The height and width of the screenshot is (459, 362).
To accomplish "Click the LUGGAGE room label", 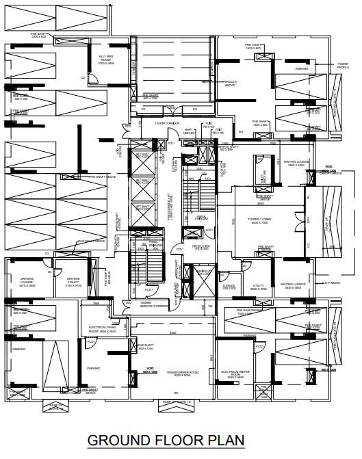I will pyautogui.click(x=229, y=288).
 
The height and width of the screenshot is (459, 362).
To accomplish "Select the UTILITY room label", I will pyautogui.click(x=258, y=288).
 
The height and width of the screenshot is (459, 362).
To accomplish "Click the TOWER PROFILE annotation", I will pyautogui.click(x=342, y=66).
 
